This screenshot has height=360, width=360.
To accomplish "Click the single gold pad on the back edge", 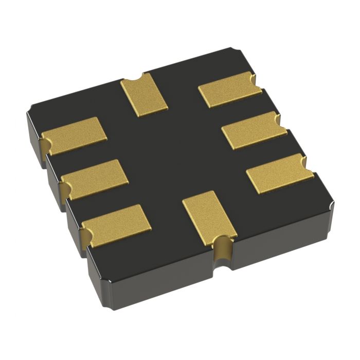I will pyautogui.click(x=145, y=95).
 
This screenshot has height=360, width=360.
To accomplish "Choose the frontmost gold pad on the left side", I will pyautogui.click(x=116, y=224).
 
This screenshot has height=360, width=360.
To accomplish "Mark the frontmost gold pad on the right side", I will pyautogui.click(x=280, y=174).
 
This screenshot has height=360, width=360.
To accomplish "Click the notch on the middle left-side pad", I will pyautogui.click(x=64, y=181).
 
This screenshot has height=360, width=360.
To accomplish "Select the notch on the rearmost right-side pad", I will pyautogui.click(x=254, y=79).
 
